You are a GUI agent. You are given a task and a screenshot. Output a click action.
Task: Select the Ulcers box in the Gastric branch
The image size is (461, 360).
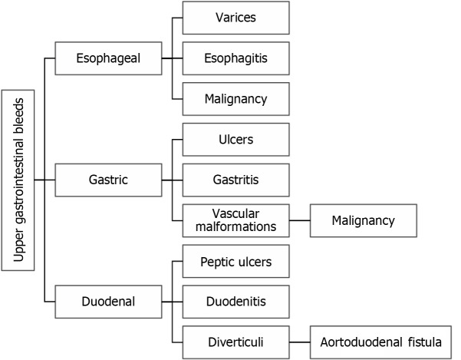point(235,139)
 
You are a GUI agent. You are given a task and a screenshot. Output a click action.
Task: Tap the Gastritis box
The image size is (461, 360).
point(235,180)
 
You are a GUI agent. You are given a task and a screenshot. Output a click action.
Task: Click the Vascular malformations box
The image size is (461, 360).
point(235,220)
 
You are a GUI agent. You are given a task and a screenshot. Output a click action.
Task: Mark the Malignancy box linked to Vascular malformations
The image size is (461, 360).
point(363,220)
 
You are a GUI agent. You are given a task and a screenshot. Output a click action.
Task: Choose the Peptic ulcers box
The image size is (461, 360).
point(235,261)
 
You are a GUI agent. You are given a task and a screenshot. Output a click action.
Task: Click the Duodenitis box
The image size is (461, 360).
point(235,302)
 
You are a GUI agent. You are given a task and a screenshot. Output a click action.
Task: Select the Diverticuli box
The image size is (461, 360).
point(235,342)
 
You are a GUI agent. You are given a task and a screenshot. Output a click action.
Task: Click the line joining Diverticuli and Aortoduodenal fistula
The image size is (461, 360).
point(300,342)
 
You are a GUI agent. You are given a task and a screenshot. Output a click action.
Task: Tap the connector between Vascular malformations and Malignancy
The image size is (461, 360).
point(300,220)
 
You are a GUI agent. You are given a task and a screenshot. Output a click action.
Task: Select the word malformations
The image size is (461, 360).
point(235,227)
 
